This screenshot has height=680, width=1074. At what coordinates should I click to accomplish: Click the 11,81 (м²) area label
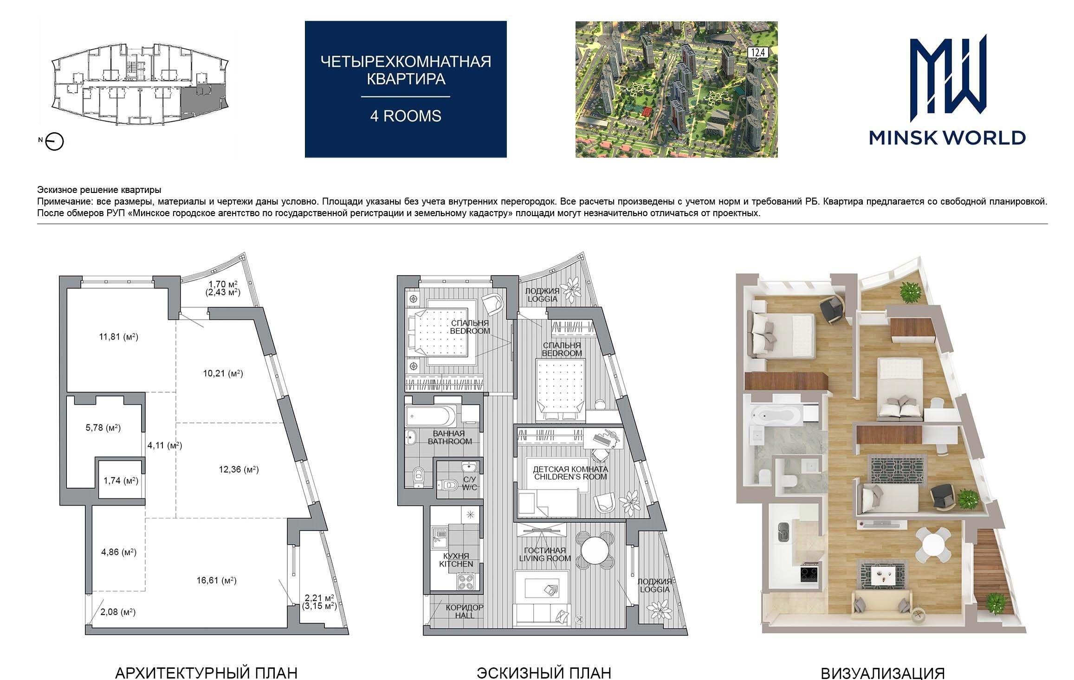click(x=118, y=337)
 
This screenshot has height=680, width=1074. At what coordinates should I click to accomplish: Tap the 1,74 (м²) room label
click(x=121, y=481)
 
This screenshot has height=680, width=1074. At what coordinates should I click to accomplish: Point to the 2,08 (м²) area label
click(x=118, y=612)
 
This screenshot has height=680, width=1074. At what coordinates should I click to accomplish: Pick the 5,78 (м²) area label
click(x=103, y=428)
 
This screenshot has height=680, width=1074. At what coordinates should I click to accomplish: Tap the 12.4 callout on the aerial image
click(x=757, y=54)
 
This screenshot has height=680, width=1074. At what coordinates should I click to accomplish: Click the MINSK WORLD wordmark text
click(x=947, y=138)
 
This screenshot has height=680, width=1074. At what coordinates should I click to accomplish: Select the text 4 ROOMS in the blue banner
click(x=405, y=116)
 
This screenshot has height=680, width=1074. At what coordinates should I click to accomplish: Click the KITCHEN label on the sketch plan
click(x=456, y=564)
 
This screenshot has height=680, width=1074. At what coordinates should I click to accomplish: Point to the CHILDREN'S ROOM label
click(x=570, y=477)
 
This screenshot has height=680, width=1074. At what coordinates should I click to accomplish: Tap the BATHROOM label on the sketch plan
click(x=450, y=441)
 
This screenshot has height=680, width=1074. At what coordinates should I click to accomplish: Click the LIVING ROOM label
click(x=545, y=558)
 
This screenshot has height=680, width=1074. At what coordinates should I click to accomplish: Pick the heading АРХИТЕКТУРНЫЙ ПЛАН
click(x=206, y=673)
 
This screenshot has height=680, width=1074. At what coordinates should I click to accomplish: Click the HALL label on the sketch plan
click(x=465, y=616)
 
